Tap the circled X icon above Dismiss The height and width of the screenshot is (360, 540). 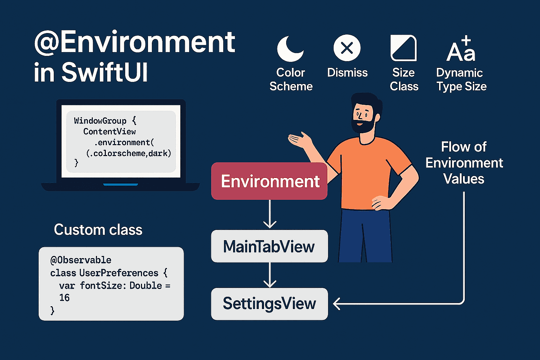coord(347,48)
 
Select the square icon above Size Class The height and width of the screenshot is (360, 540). coord(404,48)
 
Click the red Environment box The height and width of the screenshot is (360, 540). coord(269,181)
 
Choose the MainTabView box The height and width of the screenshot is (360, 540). coord(269,246)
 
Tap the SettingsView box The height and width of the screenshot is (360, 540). coord(269,304)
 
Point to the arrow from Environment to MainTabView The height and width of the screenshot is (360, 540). coord(270,214)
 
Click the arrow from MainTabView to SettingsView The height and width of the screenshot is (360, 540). coord(270,275)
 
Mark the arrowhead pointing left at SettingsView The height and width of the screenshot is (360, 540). coord(336,304)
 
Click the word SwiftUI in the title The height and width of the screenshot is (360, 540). coord(104,72)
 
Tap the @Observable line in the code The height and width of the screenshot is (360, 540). coord(81,260)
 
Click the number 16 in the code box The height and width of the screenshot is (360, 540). coord(64,298)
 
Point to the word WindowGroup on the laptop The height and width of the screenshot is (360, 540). coord(100,121)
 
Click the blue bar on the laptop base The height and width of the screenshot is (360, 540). coord(121,185)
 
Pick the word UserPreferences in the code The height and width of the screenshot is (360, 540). coord(118,273)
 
